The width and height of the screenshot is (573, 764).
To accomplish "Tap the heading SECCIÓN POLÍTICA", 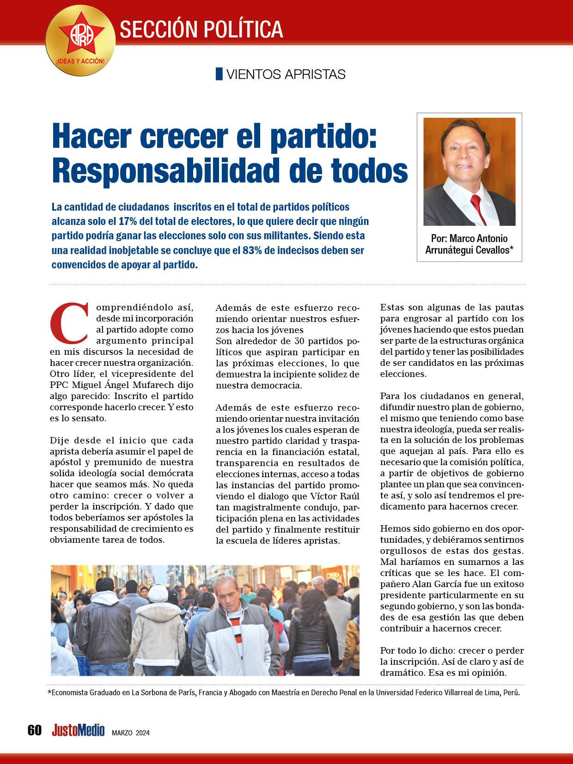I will pos(201,29).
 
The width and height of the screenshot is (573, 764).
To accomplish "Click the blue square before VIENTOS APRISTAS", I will pos(219,74).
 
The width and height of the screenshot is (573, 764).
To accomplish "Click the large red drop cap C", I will pos(68,321).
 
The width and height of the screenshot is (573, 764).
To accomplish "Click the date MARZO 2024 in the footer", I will pos(130,733).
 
